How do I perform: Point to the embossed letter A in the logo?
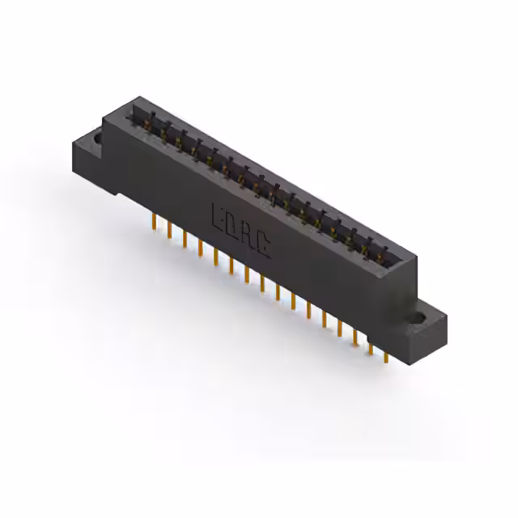coord(248,236)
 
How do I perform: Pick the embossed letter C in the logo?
coord(264,244)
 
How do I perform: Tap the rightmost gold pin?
coord(386,355)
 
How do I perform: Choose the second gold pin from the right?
coord(371,346)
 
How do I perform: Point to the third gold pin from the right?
coord(355,337)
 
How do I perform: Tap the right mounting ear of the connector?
coord(429,328)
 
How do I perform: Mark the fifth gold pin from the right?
coord(324,319)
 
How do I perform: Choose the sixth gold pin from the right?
coord(308,310)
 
